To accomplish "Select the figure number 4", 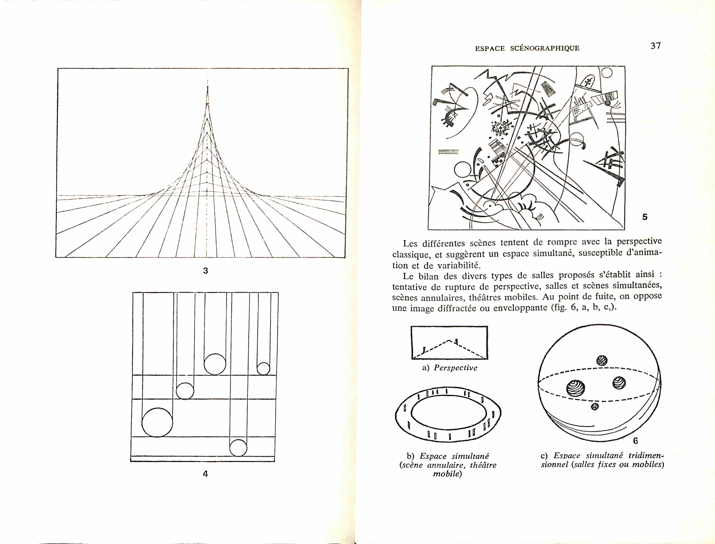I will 205,474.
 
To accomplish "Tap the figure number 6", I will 636,441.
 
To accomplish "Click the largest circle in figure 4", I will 157,422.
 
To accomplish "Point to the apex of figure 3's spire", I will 208,87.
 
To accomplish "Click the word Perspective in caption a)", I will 456,368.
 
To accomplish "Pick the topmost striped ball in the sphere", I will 602,360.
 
